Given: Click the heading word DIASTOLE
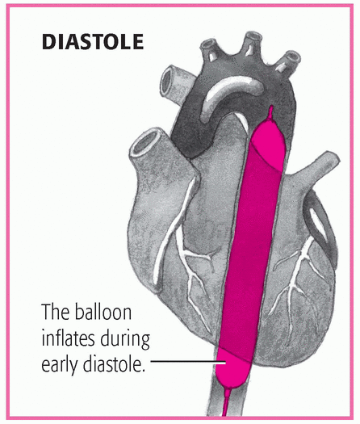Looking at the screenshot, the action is [x=93, y=42].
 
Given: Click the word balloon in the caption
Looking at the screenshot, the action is [x=103, y=312].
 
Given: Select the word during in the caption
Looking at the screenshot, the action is [x=125, y=339].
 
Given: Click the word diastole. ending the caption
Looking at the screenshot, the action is [x=114, y=364].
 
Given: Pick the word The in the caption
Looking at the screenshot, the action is [x=56, y=312].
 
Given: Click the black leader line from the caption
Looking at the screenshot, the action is [x=188, y=361].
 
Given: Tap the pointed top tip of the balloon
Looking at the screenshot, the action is [x=270, y=107].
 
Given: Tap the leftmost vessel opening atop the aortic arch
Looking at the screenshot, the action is [x=208, y=44].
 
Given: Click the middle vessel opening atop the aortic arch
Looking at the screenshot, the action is [x=253, y=37].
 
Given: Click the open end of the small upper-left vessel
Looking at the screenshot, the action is [x=167, y=81].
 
